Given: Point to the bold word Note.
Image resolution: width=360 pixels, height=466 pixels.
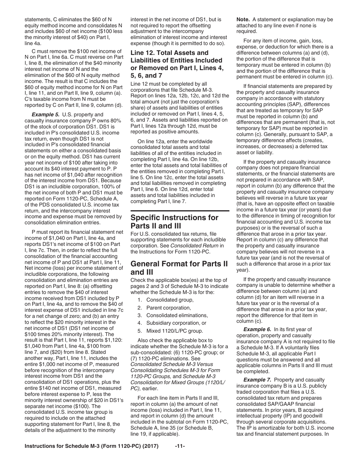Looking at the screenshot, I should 243,19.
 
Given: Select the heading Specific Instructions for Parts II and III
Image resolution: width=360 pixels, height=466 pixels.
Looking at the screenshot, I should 174,222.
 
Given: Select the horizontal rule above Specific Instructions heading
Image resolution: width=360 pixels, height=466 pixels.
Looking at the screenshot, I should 180,211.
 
